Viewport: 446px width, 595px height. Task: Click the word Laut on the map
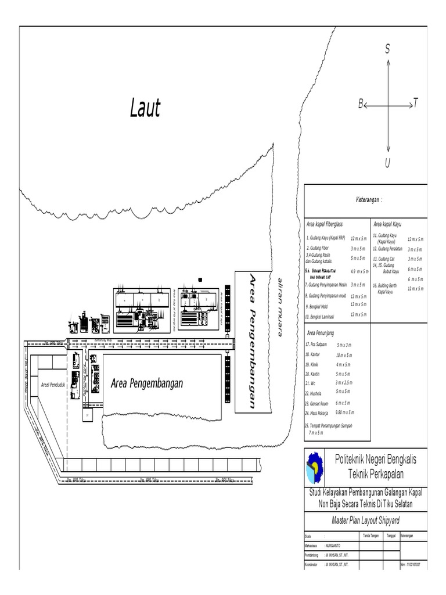click(x=145, y=108)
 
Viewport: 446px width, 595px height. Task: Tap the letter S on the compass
click(x=387, y=50)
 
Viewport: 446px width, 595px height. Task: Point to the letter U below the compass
click(x=387, y=163)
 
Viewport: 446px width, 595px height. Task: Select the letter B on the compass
click(x=361, y=105)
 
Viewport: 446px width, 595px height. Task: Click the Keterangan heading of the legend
click(x=369, y=200)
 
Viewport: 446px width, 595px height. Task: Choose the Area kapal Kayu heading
click(x=387, y=224)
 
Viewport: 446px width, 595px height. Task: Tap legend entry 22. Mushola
click(x=316, y=393)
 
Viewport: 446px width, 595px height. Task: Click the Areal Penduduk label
click(x=52, y=385)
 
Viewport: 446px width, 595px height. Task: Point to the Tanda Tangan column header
click(x=371, y=536)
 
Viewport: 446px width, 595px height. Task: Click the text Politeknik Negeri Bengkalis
click(x=376, y=459)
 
